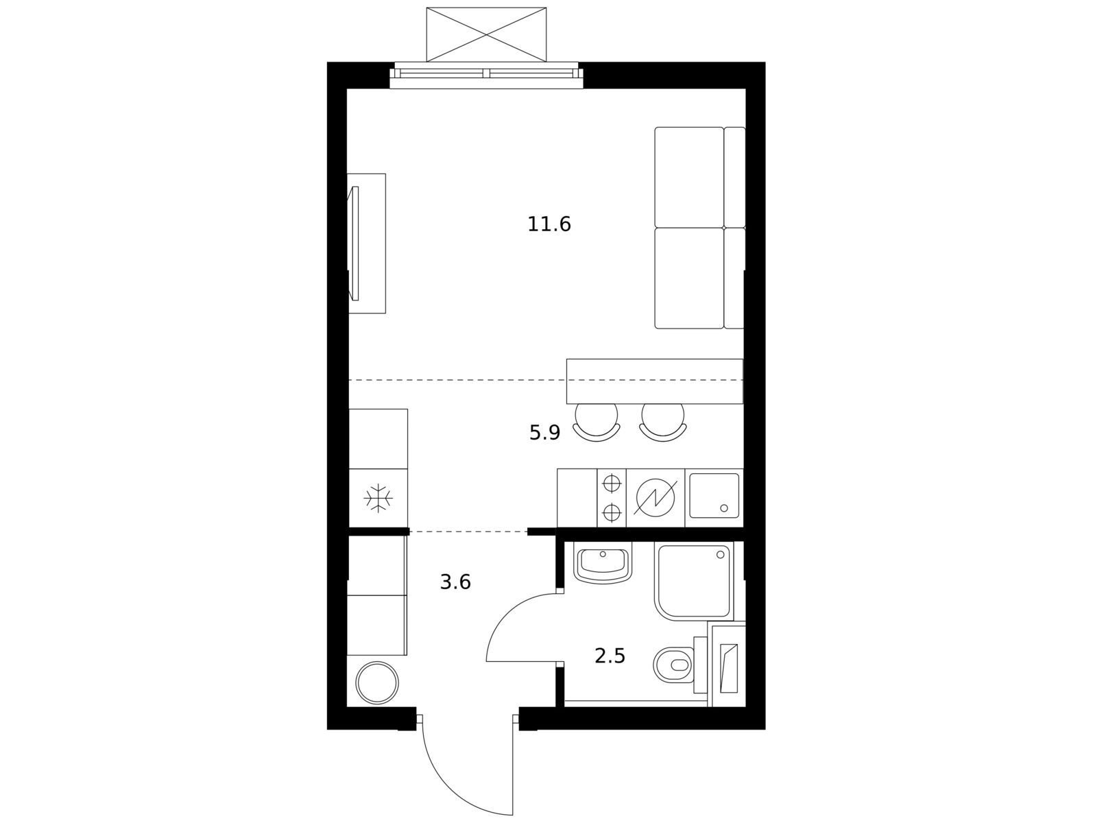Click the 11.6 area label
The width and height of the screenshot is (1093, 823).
click(549, 224)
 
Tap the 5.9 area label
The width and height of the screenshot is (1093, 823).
click(544, 433)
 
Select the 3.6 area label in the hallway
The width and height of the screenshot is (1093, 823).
click(455, 582)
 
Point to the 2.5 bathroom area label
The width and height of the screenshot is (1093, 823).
click(610, 656)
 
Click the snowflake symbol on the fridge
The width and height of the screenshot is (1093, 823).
click(379, 498)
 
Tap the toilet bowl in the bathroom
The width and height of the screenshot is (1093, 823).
click(673, 665)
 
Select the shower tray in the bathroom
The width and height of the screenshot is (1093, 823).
click(694, 582)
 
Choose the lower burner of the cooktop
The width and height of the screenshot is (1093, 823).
click(612, 512)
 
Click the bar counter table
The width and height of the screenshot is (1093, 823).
click(654, 381)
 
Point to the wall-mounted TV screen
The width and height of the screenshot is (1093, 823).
click(355, 243)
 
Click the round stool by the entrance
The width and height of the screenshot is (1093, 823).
click(377, 683)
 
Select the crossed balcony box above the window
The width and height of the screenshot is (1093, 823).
click(486, 34)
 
